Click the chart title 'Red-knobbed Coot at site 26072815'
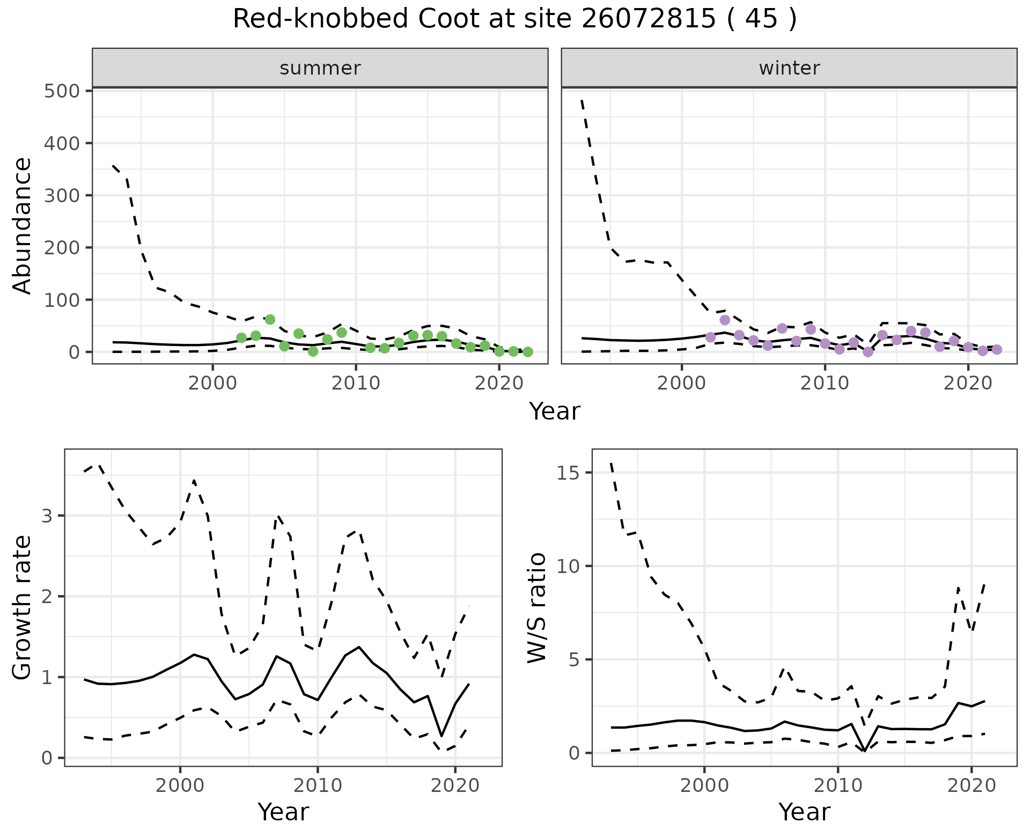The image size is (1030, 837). [x=514, y=19]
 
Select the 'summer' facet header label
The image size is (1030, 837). [x=320, y=68]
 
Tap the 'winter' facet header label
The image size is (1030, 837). [x=789, y=68]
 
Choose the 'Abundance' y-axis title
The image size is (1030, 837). [x=23, y=225]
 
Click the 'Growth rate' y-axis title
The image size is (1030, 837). [x=23, y=607]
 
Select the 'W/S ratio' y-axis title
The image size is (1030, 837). [x=536, y=607]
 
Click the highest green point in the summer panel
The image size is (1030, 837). [x=270, y=320]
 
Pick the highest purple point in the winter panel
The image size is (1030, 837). [x=725, y=320]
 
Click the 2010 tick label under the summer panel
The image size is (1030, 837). [x=356, y=384]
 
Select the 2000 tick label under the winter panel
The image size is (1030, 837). [x=681, y=384]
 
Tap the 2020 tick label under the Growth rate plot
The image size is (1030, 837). [x=455, y=786]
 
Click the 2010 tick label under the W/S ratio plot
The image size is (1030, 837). [x=837, y=786]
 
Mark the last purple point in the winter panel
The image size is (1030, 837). [x=997, y=350]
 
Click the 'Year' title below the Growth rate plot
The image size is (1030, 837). [x=283, y=812]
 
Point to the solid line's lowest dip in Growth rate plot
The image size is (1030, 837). [x=442, y=736]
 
